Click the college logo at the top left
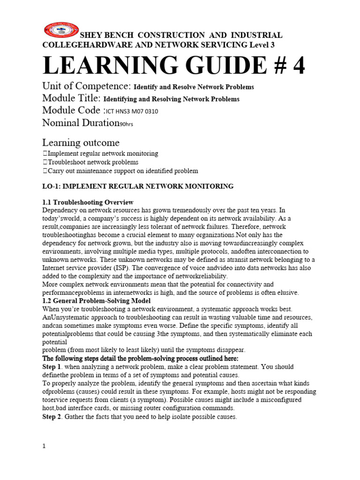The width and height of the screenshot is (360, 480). (61, 30)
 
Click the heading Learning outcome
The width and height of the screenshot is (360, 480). (81, 142)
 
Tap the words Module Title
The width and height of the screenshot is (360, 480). (71, 98)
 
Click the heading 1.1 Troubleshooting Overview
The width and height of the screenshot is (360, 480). (88, 202)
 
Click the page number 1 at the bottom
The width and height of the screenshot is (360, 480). (44, 447)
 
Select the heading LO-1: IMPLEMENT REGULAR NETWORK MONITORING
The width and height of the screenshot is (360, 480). (138, 187)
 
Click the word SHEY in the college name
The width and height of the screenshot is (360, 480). (91, 35)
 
